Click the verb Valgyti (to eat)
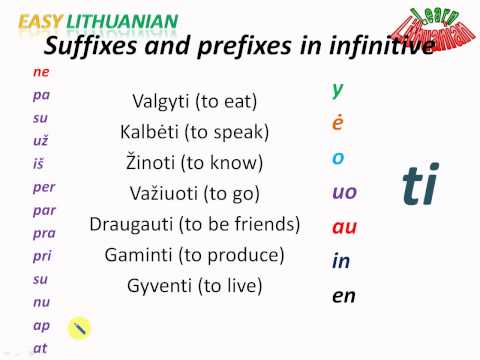coord(194,101)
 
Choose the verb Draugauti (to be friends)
coord(194,224)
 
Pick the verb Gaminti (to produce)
coord(194,255)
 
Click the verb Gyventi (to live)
coord(194,286)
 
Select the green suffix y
coord(338,89)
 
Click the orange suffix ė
coord(338,124)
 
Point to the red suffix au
coord(344,227)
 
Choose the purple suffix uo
coord(344,192)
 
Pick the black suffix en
coord(343,296)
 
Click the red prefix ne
coord(40,73)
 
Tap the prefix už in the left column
coord(40,141)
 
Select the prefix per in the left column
coord(43,187)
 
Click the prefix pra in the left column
coord(43,233)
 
